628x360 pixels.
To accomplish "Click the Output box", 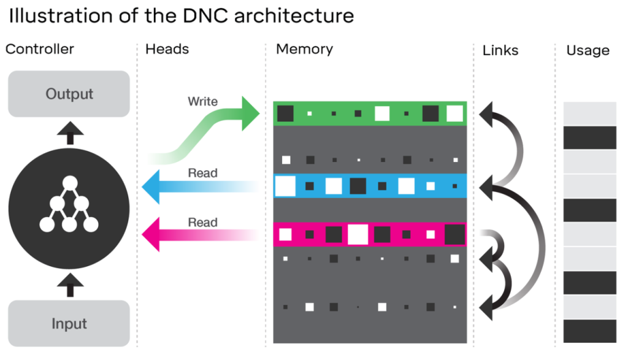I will (x=69, y=94).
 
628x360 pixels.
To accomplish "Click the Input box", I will (x=69, y=323).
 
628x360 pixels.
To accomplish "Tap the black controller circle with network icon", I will (x=69, y=209).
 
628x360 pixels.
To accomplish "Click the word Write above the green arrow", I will (x=202, y=101).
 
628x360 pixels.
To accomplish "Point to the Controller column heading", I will (x=40, y=49).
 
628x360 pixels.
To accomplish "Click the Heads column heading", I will (x=167, y=49).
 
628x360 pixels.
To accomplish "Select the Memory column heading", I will (x=304, y=49).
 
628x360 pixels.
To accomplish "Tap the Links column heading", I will (x=500, y=50).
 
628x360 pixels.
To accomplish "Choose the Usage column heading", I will (x=588, y=51).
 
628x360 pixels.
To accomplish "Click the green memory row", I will (x=370, y=113).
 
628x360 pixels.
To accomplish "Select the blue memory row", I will (x=370, y=186).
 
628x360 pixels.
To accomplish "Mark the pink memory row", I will (x=370, y=234).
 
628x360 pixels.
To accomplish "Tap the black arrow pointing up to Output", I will (x=69, y=130).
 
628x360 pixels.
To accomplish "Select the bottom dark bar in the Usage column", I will (x=589, y=331).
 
